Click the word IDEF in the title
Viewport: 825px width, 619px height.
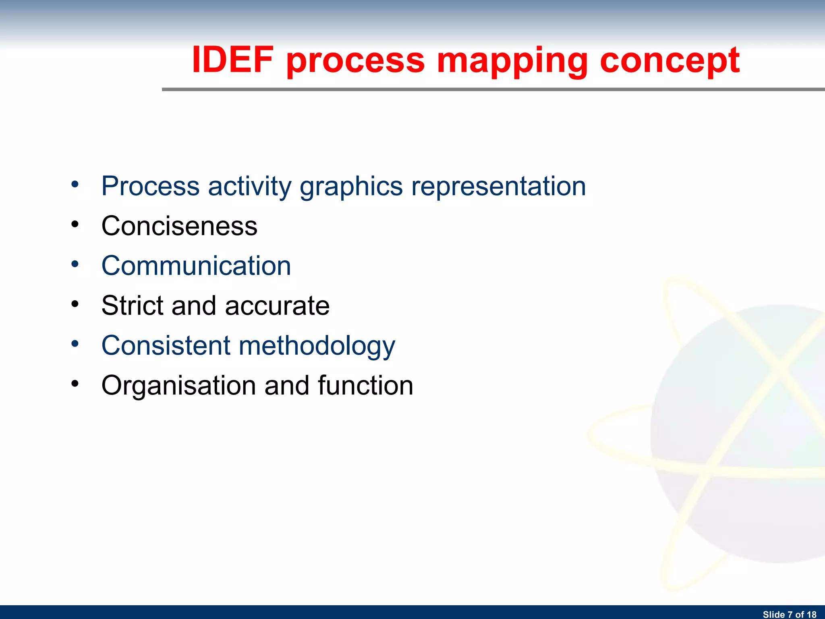(232, 60)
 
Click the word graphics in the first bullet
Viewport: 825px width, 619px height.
(351, 187)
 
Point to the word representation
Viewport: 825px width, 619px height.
(498, 186)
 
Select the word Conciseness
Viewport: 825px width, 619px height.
(179, 226)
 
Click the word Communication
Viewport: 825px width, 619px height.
(196, 266)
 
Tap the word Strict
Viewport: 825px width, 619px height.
(132, 305)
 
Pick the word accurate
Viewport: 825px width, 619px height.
(277, 305)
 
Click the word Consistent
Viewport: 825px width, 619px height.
(166, 345)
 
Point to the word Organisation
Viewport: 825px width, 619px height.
(178, 386)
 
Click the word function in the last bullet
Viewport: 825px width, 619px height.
(365, 385)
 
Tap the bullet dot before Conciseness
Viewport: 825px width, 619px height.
(75, 224)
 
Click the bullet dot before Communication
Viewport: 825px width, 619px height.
(75, 264)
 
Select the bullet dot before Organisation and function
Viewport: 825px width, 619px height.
(75, 384)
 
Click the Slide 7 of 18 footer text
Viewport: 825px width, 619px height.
(789, 614)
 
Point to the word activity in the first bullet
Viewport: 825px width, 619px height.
(249, 187)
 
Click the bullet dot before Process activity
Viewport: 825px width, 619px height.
(75, 185)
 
